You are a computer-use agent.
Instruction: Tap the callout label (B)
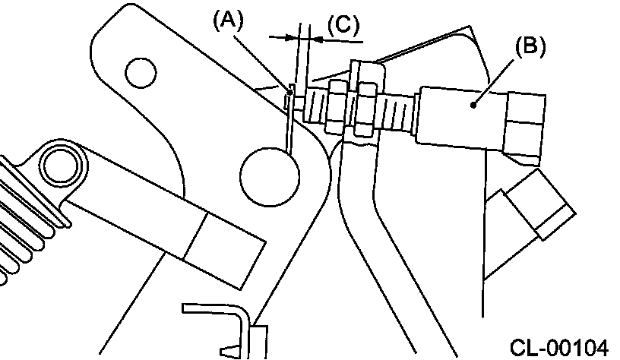[530, 46]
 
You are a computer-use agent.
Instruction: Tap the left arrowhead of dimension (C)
[293, 36]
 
